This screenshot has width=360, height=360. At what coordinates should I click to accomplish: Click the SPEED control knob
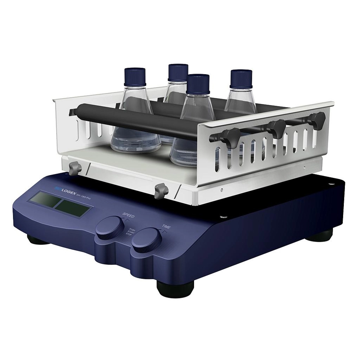[x=110, y=228]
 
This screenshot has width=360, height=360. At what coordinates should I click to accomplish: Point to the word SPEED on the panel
[x=129, y=216]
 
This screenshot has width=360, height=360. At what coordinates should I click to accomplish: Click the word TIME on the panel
[x=166, y=227]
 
